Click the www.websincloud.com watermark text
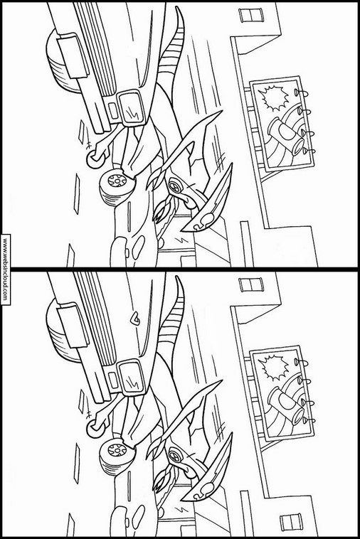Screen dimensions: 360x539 coord(5,269)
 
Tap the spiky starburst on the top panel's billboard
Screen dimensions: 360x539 coord(274,98)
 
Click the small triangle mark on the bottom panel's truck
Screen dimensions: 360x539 coord(135,320)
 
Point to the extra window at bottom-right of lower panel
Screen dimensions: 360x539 coord(291,522)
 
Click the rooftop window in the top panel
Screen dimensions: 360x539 coord(250,16)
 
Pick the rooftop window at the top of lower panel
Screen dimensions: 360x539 coord(250,284)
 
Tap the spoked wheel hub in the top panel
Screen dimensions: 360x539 coord(117,179)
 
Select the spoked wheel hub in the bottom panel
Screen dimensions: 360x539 coord(117,449)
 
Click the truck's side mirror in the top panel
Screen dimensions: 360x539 coord(130,107)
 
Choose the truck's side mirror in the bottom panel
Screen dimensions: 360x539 coord(130,376)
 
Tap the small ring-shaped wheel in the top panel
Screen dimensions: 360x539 coord(93,159)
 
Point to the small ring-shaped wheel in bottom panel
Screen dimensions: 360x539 coord(93,428)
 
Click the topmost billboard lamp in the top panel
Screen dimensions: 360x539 coord(300,92)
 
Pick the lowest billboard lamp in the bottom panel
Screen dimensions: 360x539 coord(308,420)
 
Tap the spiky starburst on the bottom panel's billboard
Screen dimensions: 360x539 coord(274,368)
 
